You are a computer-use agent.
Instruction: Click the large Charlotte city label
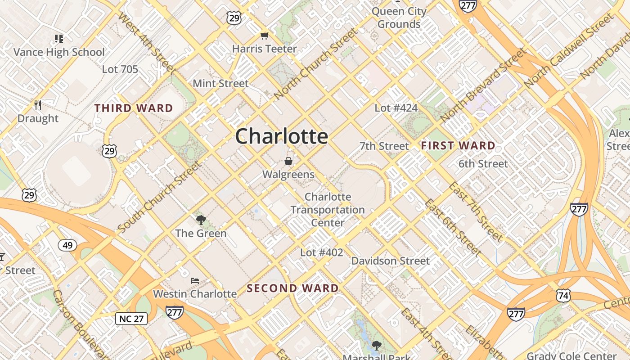tap(281, 136)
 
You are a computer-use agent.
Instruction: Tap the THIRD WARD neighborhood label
tap(134, 108)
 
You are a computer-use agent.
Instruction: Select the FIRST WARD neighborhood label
tap(458, 146)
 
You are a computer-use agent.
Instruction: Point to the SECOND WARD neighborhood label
tap(292, 288)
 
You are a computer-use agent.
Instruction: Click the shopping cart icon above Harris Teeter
tap(264, 36)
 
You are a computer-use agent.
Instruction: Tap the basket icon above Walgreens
tap(288, 161)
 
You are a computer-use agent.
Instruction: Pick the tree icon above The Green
tap(201, 220)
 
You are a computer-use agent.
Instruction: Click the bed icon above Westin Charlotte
tap(194, 281)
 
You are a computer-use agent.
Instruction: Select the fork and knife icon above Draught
tap(38, 105)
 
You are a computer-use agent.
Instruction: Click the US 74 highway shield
tap(563, 295)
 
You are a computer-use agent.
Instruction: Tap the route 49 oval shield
tap(67, 245)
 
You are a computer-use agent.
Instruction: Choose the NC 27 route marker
tap(131, 319)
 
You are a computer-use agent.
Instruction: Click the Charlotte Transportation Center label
tap(328, 210)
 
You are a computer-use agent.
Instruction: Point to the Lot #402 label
tap(321, 252)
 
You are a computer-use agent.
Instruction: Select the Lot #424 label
tap(396, 108)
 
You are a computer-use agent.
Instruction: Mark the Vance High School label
tap(59, 52)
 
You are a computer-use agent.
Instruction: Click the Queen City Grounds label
tap(399, 18)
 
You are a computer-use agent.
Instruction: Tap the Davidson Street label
tap(390, 261)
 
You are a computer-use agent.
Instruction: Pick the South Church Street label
tap(160, 197)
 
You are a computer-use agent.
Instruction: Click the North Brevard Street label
tap(483, 85)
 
